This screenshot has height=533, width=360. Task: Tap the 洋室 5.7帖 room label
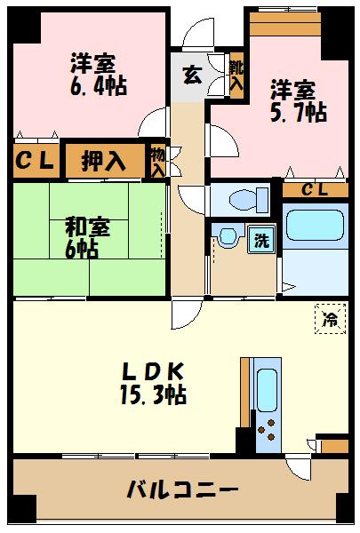point(297,100)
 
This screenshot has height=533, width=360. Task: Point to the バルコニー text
point(181,489)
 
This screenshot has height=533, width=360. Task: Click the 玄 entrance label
point(191,76)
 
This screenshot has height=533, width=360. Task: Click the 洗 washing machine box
point(261,239)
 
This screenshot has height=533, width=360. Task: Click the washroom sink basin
point(227,237)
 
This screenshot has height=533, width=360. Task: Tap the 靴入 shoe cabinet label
point(236,76)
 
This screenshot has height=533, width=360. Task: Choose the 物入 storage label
point(157,163)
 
